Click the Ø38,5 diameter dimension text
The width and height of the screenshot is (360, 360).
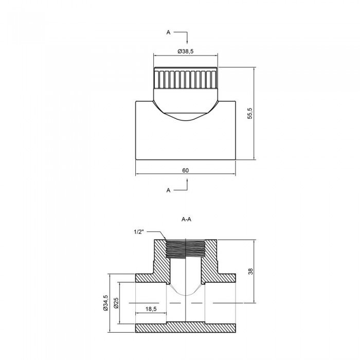[x=186, y=51]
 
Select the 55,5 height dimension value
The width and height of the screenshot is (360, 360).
[x=250, y=113]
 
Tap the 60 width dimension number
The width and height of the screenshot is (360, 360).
[x=186, y=170]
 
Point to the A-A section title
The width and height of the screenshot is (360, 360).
[x=187, y=219]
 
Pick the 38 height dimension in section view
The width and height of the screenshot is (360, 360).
[x=250, y=271]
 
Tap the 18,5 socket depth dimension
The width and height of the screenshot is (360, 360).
[x=150, y=309]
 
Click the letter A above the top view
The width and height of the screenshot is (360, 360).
[x=168, y=32]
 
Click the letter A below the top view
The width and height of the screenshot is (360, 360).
[x=168, y=190]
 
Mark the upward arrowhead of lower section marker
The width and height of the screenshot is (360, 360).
[x=187, y=181]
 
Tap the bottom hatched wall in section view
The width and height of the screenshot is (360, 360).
[x=186, y=328]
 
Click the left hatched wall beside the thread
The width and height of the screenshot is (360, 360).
[x=159, y=260]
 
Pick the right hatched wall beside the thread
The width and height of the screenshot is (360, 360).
[x=212, y=260]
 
